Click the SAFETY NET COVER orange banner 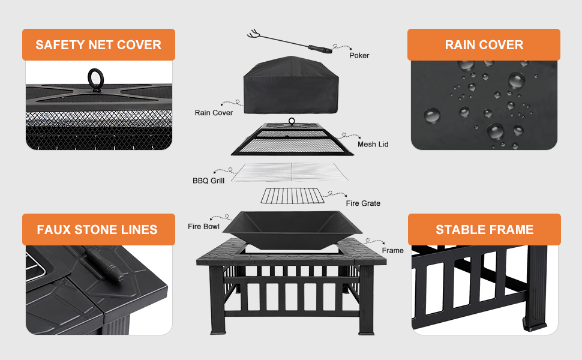[x=98, y=45]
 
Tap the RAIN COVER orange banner [x=484, y=45]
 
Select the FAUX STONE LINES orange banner [x=98, y=229]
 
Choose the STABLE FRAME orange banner [x=484, y=229]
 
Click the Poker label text [x=359, y=55]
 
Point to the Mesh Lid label [x=373, y=144]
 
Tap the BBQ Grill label [x=208, y=180]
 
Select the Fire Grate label [x=363, y=203]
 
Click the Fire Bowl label [x=203, y=226]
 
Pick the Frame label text [x=393, y=250]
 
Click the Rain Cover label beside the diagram [x=214, y=112]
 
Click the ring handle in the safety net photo [x=95, y=77]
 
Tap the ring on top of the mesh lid [x=292, y=121]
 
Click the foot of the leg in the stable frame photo [x=535, y=324]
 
